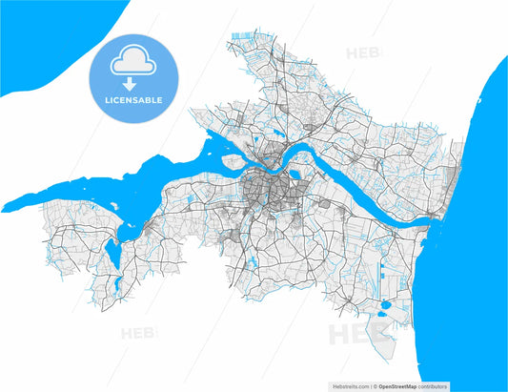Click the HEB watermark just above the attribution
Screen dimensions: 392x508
[357, 334]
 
